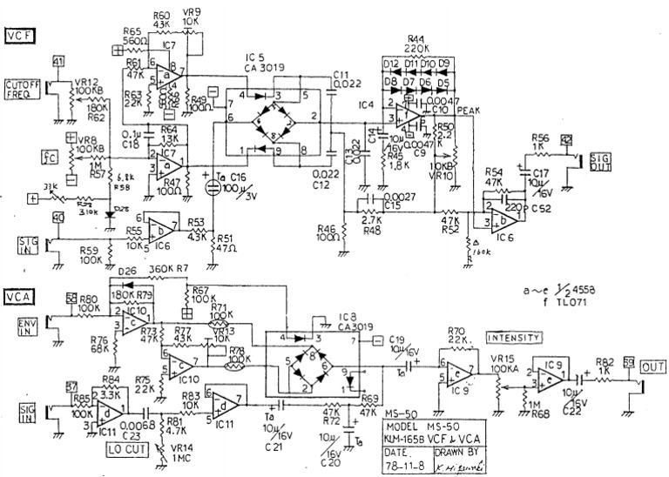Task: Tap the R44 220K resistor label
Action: (x=414, y=45)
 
